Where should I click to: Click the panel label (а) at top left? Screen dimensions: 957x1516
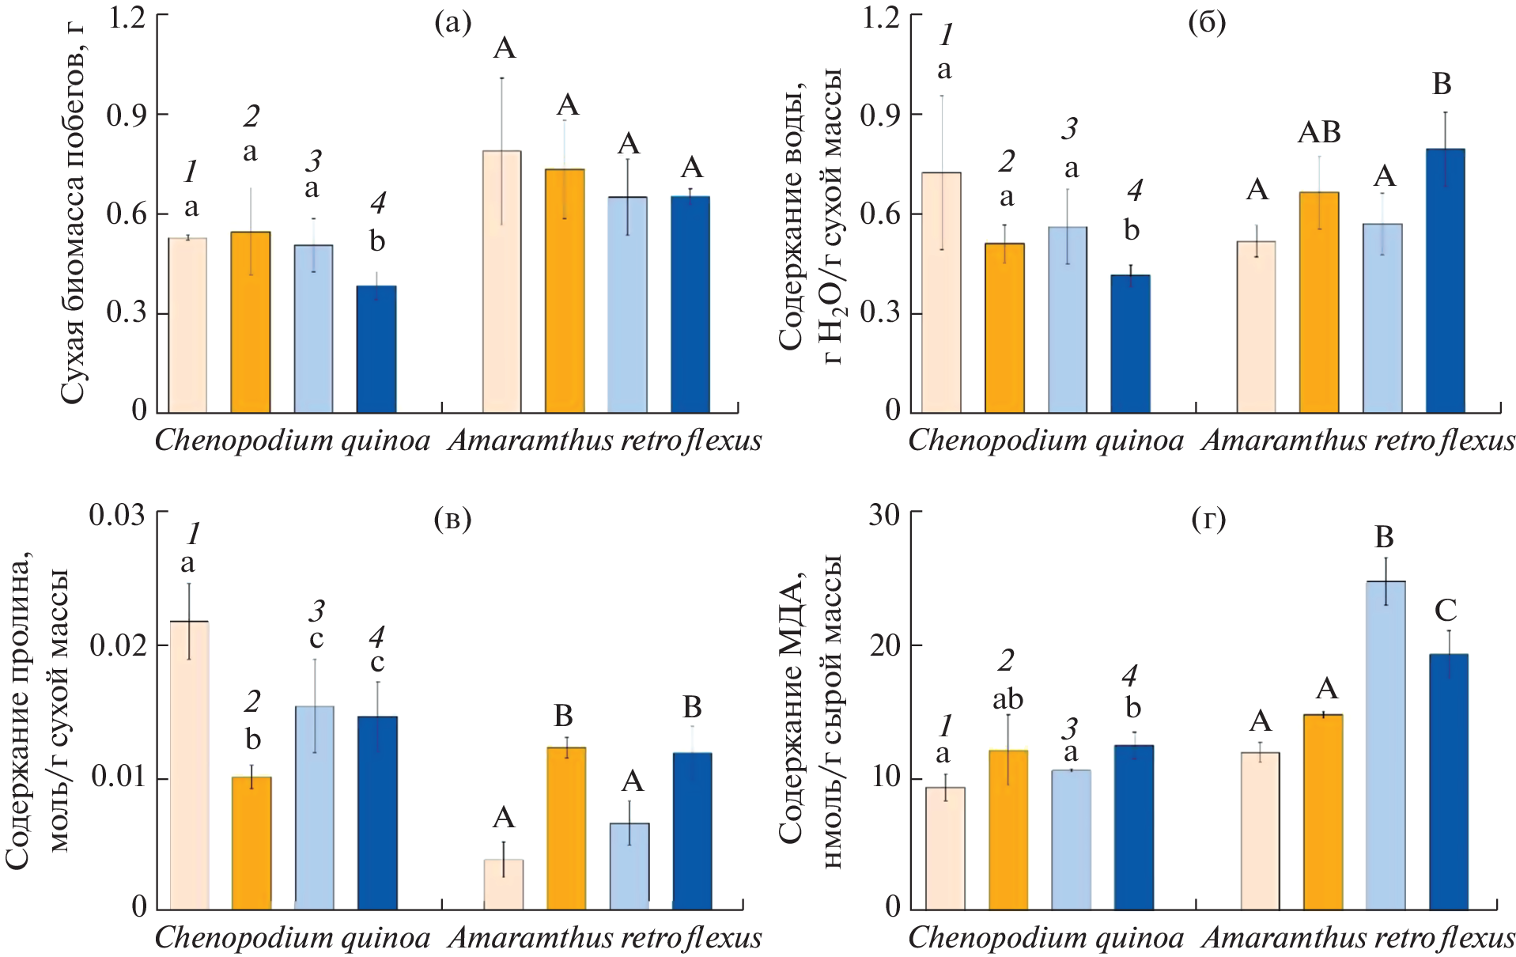[452, 23]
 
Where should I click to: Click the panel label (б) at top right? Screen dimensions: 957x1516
[1207, 23]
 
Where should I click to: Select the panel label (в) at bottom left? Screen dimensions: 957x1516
[452, 520]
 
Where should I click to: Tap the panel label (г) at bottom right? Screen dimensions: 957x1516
[1208, 520]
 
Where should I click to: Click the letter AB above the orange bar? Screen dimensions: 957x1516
[1319, 133]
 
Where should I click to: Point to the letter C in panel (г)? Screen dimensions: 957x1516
[1446, 611]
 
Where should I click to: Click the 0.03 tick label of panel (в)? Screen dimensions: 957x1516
[118, 515]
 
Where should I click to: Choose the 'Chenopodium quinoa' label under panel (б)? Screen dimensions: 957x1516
[1045, 441]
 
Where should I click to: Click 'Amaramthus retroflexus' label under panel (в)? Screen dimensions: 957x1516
[605, 938]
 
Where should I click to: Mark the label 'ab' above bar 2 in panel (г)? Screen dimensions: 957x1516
[1008, 699]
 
